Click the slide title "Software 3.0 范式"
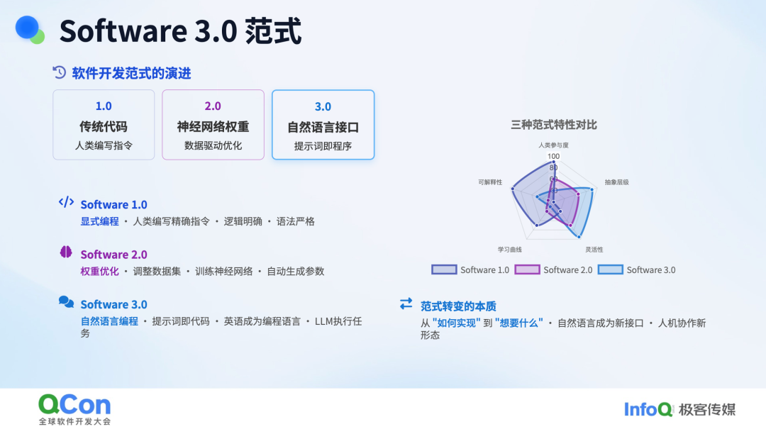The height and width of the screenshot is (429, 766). point(180,32)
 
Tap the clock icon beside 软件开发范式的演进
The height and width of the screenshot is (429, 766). point(60,72)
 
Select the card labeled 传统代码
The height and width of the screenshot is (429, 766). point(104,125)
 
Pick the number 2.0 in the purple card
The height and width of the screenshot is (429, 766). point(213,106)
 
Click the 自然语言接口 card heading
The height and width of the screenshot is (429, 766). point(323,128)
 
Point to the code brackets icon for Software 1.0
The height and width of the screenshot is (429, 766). point(66,202)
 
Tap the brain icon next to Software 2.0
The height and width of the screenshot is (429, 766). point(66,252)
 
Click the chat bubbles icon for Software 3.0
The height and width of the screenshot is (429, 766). point(66,302)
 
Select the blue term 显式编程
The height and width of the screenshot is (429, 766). point(99,221)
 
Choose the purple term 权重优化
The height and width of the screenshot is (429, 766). point(99,271)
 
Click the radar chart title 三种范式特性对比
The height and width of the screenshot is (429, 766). point(554,125)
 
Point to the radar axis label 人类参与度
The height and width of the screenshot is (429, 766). point(553,145)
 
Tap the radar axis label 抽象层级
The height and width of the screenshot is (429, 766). point(616,182)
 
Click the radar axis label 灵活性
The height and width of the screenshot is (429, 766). point(594,250)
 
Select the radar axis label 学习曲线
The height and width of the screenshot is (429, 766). point(509,250)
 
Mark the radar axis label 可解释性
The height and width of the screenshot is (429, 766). point(490,182)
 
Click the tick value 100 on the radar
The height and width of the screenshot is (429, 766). point(553,156)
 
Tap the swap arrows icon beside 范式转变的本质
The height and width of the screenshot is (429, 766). point(406,303)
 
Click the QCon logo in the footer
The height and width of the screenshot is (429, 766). point(74,405)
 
